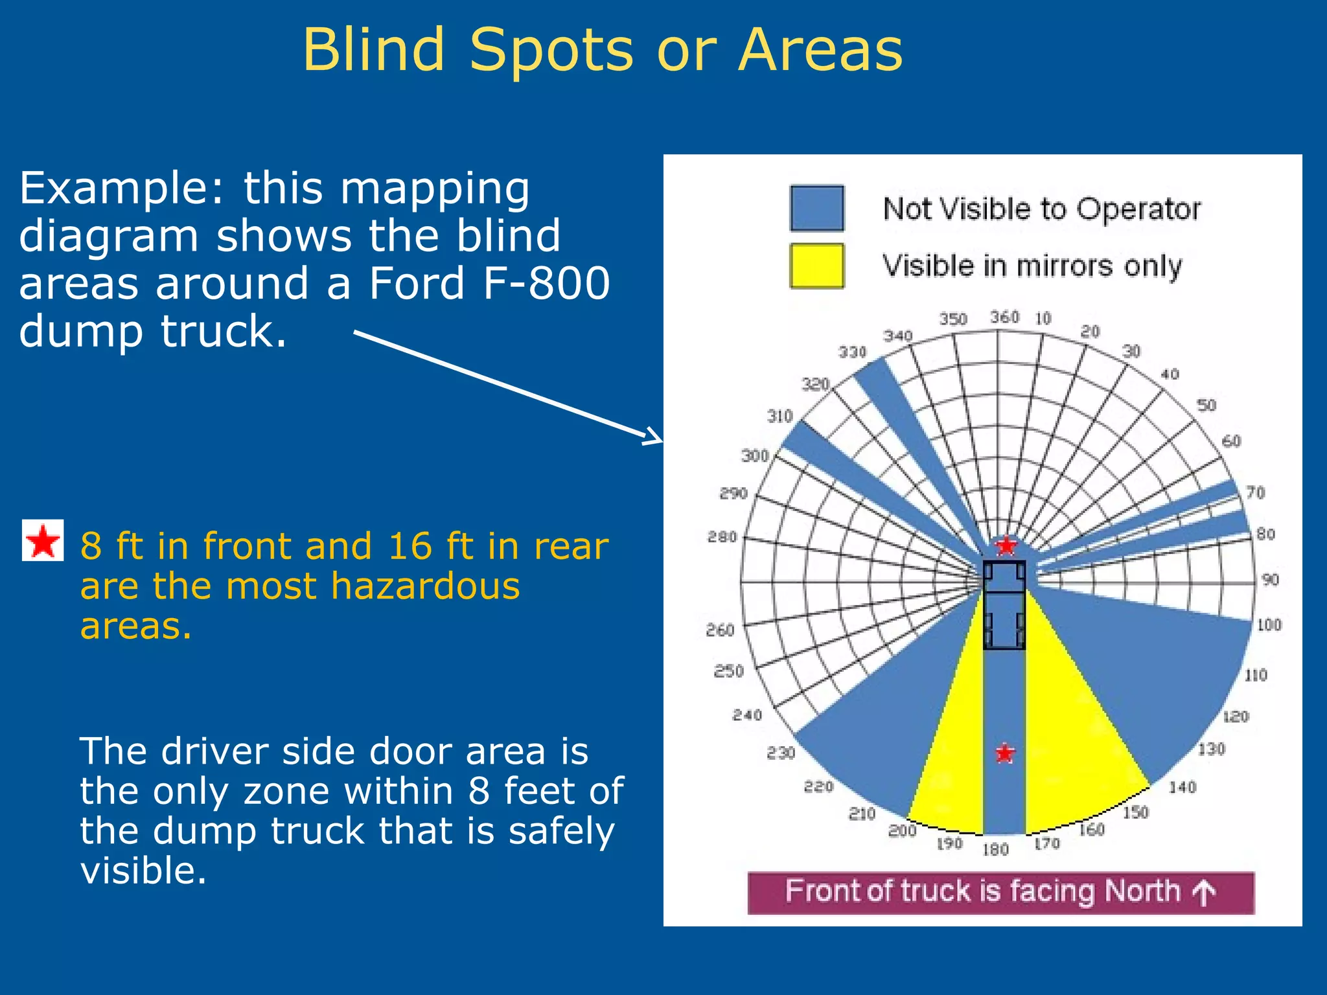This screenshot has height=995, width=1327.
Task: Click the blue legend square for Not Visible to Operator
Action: (817, 208)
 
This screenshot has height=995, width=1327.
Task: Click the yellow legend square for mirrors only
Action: (817, 266)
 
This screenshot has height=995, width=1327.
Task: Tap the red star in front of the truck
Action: (1006, 546)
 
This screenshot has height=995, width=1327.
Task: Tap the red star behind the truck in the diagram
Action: (1005, 753)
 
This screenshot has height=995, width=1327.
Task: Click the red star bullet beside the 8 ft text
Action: (43, 540)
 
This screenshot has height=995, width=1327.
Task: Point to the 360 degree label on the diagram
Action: (1004, 317)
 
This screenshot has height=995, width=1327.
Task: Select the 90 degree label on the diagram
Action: (1270, 580)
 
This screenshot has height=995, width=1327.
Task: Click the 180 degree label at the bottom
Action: (995, 849)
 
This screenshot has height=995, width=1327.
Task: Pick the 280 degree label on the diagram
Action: (722, 537)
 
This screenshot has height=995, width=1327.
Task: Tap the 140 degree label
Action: (1182, 788)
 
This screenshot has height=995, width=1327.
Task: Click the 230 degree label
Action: (781, 753)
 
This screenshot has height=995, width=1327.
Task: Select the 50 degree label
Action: (1206, 406)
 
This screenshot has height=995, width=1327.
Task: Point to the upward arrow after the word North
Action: (1204, 893)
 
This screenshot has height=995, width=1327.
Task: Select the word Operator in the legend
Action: (1138, 209)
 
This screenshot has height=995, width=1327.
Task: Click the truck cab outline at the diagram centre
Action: (1004, 577)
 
